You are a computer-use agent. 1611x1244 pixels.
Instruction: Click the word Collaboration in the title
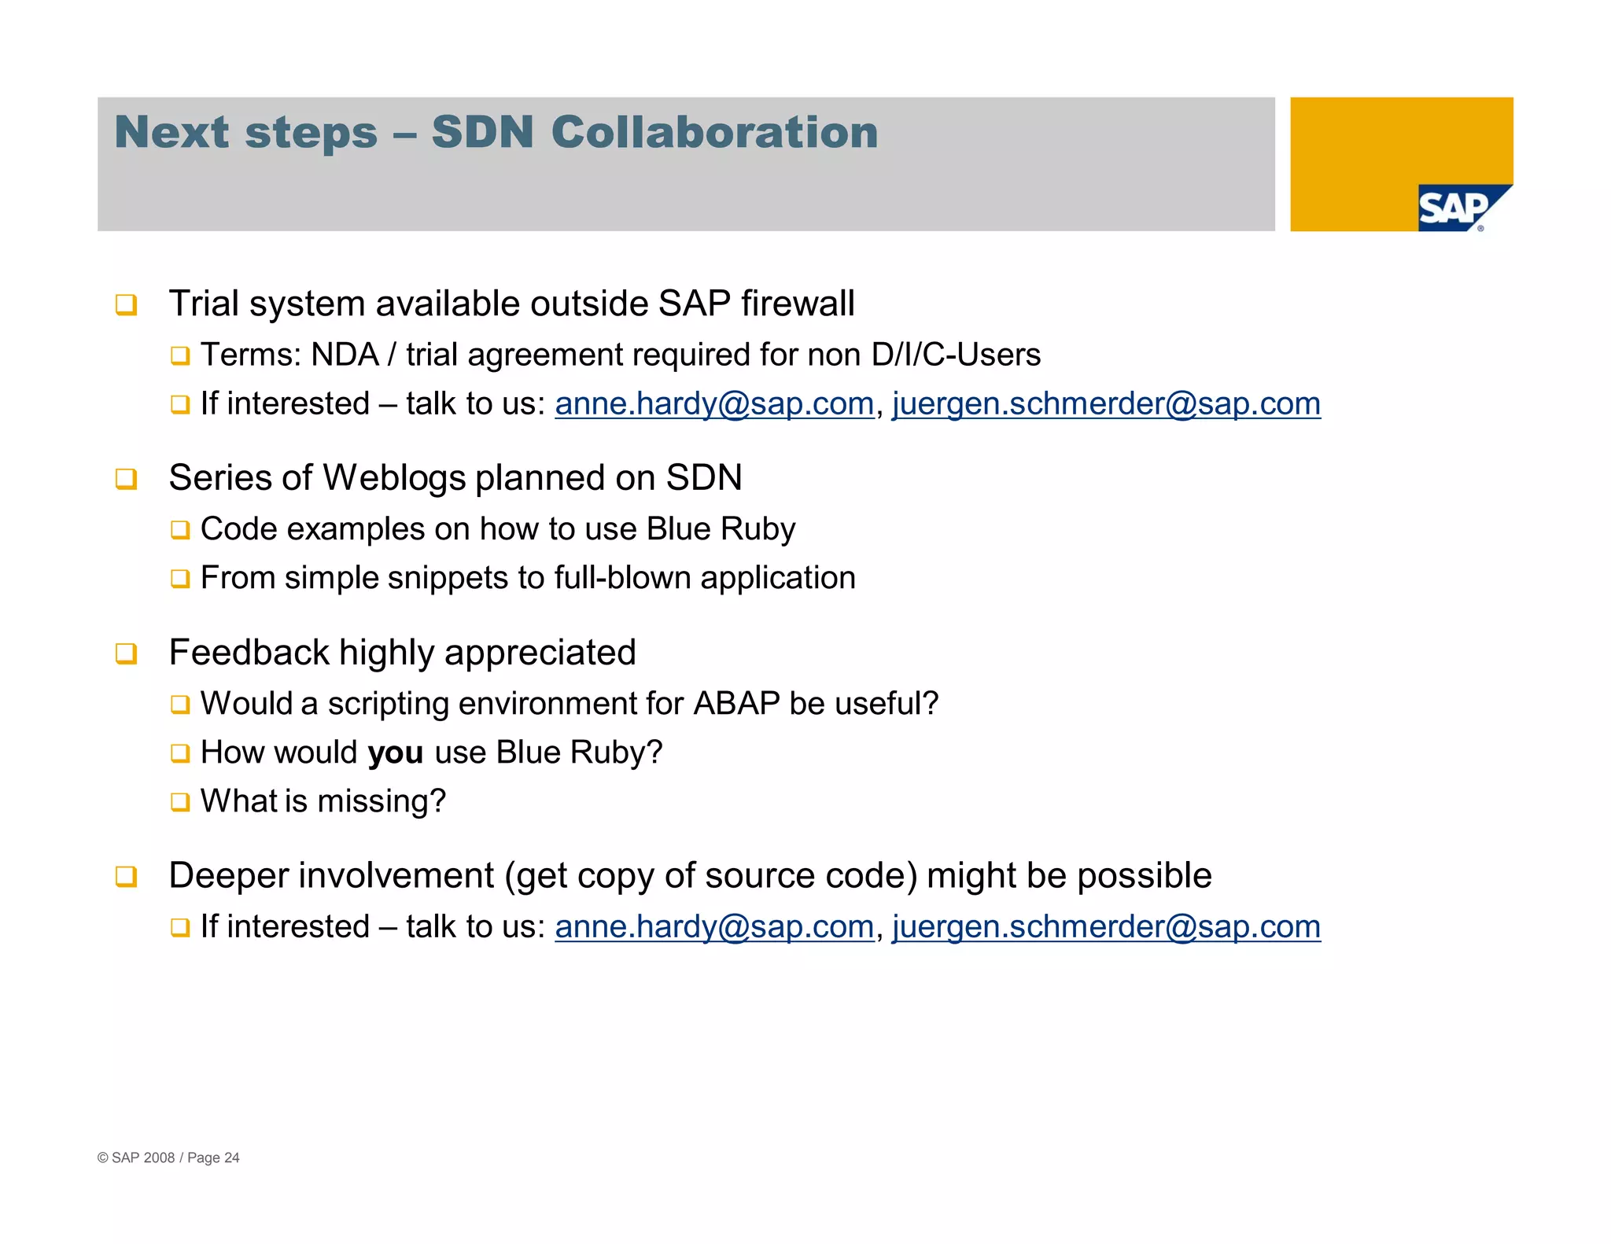pyautogui.click(x=714, y=132)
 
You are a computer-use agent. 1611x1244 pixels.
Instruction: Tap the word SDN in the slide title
pyautogui.click(x=482, y=132)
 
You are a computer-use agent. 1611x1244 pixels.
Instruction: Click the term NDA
pyautogui.click(x=345, y=355)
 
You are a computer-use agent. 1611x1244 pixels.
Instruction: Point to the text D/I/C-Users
pyautogui.click(x=956, y=355)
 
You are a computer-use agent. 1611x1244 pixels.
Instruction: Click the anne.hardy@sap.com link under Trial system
pyautogui.click(x=714, y=404)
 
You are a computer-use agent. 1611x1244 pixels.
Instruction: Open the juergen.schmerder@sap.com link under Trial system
pyautogui.click(x=1106, y=404)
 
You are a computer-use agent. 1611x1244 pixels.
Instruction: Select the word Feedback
pyautogui.click(x=249, y=653)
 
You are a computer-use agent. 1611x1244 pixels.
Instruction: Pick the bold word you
pyautogui.click(x=396, y=753)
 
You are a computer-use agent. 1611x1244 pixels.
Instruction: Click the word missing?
pyautogui.click(x=382, y=802)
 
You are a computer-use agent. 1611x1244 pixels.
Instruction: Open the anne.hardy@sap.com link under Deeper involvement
pyautogui.click(x=714, y=927)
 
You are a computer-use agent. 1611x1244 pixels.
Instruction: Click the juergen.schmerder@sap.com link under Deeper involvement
pyautogui.click(x=1106, y=927)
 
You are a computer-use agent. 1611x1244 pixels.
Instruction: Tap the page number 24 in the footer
pyautogui.click(x=232, y=1158)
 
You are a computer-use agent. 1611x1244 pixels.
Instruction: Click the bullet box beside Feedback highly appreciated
pyautogui.click(x=126, y=653)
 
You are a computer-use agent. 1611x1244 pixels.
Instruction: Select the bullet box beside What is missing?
pyautogui.click(x=180, y=802)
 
